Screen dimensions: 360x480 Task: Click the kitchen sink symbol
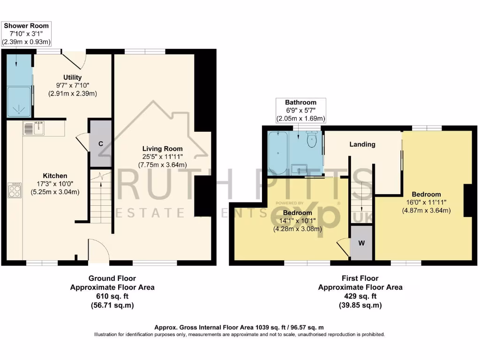pyautogui.click(x=34, y=127)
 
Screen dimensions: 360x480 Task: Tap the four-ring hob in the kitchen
pyautogui.click(x=15, y=191)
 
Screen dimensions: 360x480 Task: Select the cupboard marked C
pyautogui.click(x=100, y=143)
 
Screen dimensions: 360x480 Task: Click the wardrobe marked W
pyautogui.click(x=361, y=243)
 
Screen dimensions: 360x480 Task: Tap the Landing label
pyautogui.click(x=362, y=144)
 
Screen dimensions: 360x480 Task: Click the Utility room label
pyautogui.click(x=73, y=77)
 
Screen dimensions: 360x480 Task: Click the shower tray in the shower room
pyautogui.click(x=19, y=101)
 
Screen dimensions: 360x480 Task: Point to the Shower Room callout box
pyautogui.click(x=26, y=33)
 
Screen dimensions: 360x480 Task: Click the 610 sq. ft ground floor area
pyautogui.click(x=112, y=296)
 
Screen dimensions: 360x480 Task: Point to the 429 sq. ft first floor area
pyautogui.click(x=360, y=296)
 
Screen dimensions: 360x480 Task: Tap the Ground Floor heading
pyautogui.click(x=112, y=278)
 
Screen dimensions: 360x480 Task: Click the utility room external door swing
pyautogui.click(x=75, y=61)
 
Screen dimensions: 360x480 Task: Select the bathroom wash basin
pyautogui.click(x=299, y=168)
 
